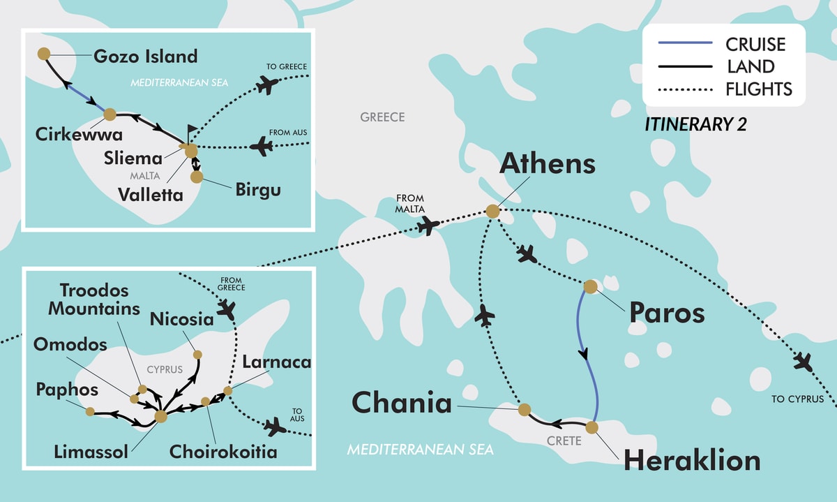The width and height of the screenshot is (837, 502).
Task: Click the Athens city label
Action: click(x=548, y=165)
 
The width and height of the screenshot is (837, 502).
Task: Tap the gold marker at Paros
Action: click(x=590, y=286)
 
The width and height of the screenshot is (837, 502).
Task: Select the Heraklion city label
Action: click(x=691, y=462)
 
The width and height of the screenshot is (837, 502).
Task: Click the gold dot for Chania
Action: click(x=525, y=410)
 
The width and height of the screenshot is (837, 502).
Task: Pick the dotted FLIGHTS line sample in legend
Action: click(x=685, y=89)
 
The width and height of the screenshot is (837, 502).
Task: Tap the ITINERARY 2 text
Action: click(x=695, y=125)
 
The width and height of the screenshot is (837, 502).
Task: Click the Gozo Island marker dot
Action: click(x=43, y=53)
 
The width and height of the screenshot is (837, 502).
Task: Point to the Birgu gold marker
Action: click(x=197, y=177)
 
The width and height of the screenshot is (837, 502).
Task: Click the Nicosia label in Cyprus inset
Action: click(x=181, y=320)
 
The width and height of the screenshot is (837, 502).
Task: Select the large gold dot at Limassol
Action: click(x=160, y=416)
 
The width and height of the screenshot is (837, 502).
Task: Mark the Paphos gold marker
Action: click(x=90, y=411)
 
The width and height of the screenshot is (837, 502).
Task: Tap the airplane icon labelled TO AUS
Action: click(x=276, y=427)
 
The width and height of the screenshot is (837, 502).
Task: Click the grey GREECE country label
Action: click(x=382, y=117)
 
